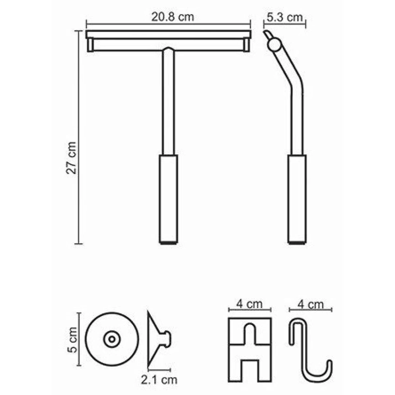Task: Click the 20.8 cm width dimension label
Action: click(x=172, y=17)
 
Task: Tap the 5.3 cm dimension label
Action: click(x=285, y=17)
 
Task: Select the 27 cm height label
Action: click(x=71, y=158)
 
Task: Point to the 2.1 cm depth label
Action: click(x=159, y=380)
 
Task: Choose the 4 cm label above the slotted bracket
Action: click(x=249, y=304)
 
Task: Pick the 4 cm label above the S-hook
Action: click(x=310, y=304)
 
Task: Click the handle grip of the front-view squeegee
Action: click(x=168, y=199)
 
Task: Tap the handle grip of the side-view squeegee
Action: click(x=297, y=199)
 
